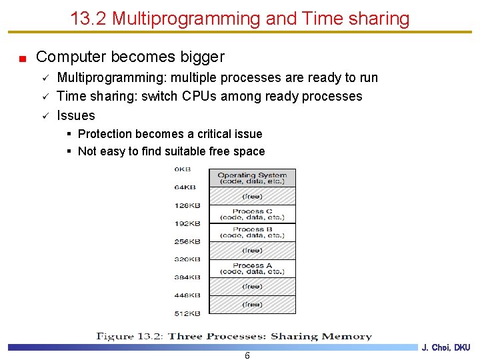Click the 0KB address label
pyautogui.click(x=183, y=169)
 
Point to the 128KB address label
pyautogui.click(x=187, y=205)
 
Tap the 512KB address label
pyautogui.click(x=187, y=313)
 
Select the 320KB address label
pyautogui.click(x=187, y=259)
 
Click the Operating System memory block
pyautogui.click(x=252, y=178)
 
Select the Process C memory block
pyautogui.click(x=252, y=214)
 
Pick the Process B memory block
pyautogui.click(x=252, y=232)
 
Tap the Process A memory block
pyautogui.click(x=252, y=268)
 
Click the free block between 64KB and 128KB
pyautogui.click(x=252, y=196)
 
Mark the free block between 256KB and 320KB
pyautogui.click(x=252, y=250)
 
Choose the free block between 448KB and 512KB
pyautogui.click(x=252, y=304)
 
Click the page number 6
pyautogui.click(x=247, y=355)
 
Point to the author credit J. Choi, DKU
pyautogui.click(x=446, y=347)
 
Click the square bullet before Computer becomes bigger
pyautogui.click(x=22, y=59)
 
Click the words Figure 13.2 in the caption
pyautogui.click(x=129, y=336)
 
